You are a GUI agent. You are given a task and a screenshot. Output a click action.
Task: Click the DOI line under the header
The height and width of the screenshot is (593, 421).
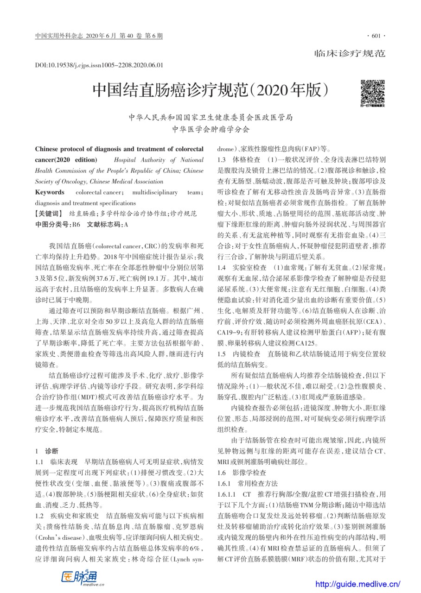click(x=99, y=65)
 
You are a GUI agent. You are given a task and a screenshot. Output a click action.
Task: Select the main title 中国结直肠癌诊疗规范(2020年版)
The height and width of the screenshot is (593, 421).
click(x=210, y=89)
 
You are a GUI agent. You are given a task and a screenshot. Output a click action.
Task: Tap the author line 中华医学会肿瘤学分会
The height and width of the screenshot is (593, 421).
click(x=210, y=129)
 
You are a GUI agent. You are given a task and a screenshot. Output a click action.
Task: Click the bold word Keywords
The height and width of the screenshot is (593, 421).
click(x=50, y=192)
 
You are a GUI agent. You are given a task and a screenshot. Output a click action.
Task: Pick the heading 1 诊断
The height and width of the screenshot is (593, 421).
click(x=47, y=451)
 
